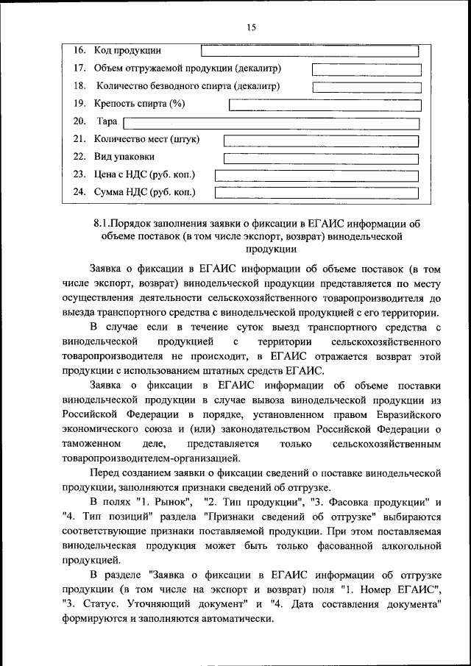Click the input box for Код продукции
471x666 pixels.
tap(309, 51)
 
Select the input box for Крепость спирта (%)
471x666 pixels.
tap(325, 104)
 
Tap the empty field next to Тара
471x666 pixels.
tap(271, 123)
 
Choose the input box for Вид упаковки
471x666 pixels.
tap(321, 158)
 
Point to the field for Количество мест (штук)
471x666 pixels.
tap(321, 141)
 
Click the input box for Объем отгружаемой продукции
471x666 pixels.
tap(366, 69)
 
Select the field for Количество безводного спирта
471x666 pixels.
tap(366, 87)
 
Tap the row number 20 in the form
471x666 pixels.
tap(79, 121)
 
